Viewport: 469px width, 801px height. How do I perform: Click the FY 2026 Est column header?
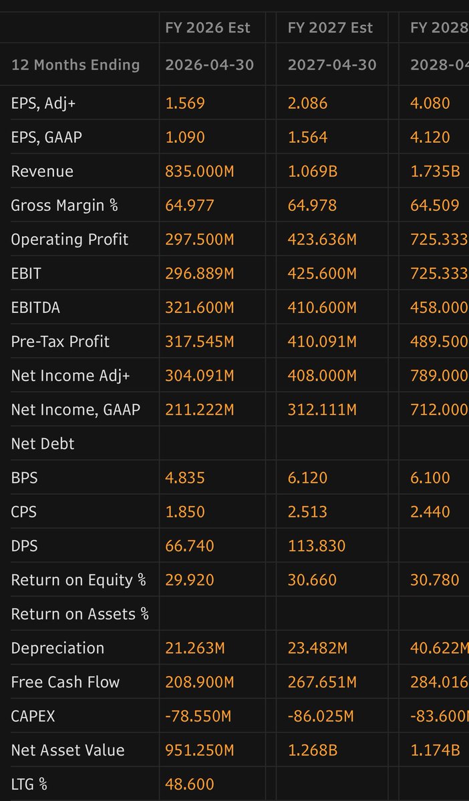pos(208,27)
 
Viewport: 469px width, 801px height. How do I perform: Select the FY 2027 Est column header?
pos(330,27)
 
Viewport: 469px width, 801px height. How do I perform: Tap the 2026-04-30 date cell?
pos(209,65)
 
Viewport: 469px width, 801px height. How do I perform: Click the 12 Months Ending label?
pos(75,65)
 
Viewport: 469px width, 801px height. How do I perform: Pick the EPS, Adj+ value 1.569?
pos(185,103)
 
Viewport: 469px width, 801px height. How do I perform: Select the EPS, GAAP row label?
pos(47,137)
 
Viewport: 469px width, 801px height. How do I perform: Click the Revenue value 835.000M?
pos(199,171)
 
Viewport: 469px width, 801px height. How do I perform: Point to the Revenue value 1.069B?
pos(312,171)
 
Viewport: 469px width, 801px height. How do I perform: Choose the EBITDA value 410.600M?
pos(322,307)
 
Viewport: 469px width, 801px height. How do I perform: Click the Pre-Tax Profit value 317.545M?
pos(199,341)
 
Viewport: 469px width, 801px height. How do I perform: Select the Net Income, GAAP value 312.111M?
pos(322,409)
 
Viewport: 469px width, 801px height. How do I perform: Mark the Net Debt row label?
pos(43,443)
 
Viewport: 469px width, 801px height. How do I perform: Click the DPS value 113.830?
pos(317,545)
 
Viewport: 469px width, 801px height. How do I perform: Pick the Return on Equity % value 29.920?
pos(190,579)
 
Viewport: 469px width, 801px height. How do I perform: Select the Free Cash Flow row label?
pos(65,682)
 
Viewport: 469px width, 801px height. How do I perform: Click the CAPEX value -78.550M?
pos(198,716)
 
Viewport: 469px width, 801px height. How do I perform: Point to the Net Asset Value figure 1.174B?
pos(435,750)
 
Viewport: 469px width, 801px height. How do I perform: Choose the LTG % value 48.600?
pos(190,784)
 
